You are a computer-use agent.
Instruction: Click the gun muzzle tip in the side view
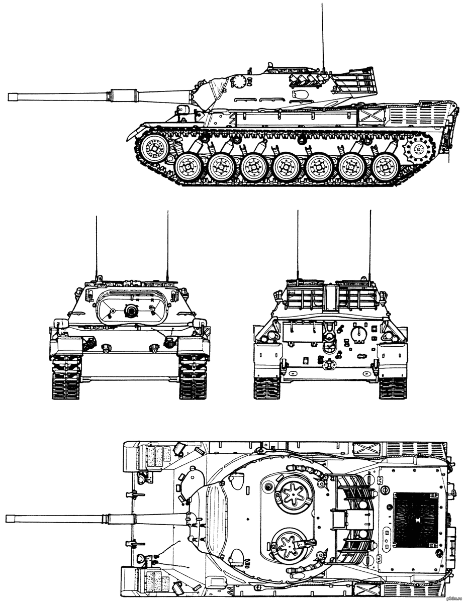(9, 96)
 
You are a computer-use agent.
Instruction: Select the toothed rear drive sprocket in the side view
(417, 149)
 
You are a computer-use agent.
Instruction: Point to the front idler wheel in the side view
(154, 148)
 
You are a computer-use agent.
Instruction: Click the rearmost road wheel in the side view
(386, 166)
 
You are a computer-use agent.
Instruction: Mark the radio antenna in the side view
(323, 35)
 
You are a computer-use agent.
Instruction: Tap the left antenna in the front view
(96, 246)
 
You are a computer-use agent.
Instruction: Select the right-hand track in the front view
(194, 377)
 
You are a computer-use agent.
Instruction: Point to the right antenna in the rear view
(370, 246)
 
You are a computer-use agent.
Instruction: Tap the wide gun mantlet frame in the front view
(132, 308)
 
